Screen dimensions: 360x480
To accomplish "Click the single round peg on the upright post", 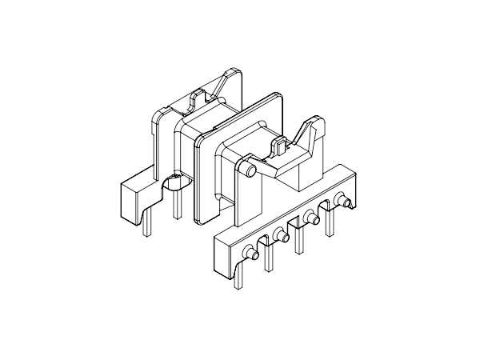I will (x=250, y=170).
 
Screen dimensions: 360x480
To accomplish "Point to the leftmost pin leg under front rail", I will (x=237, y=276).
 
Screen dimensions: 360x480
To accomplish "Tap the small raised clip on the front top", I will (x=281, y=145).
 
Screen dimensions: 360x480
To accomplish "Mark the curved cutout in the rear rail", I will (x=171, y=185).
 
